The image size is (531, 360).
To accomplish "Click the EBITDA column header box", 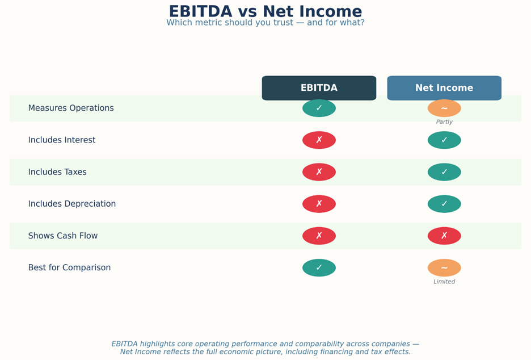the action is pos(319,88).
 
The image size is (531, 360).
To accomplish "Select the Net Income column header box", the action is pos(444,88).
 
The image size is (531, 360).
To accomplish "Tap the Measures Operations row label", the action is pos(71,108).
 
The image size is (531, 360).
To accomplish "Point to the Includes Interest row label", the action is pos(62,140).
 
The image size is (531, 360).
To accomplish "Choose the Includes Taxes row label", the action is pos(57,172).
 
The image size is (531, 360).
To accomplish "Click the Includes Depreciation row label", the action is pos(72,204).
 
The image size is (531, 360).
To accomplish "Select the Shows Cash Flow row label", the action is pos(62,236).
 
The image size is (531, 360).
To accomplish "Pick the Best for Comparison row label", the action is pos(69,267).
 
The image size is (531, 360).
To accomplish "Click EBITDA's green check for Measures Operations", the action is pos(319,108).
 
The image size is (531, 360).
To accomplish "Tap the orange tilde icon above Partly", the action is pos(444,108).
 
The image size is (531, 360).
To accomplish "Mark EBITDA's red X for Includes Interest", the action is pos(319,140).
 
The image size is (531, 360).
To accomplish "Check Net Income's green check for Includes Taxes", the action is pos(444,172).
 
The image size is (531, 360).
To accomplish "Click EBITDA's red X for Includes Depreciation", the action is pos(319,204).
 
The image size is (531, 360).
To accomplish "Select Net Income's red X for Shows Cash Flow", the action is pos(444,236).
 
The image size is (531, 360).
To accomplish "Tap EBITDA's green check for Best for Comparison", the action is pos(319,268).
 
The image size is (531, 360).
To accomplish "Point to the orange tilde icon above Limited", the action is pos(444,268).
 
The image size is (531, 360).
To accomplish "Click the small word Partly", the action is pos(444,122).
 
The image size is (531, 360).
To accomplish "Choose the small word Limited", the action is pos(444,281).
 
